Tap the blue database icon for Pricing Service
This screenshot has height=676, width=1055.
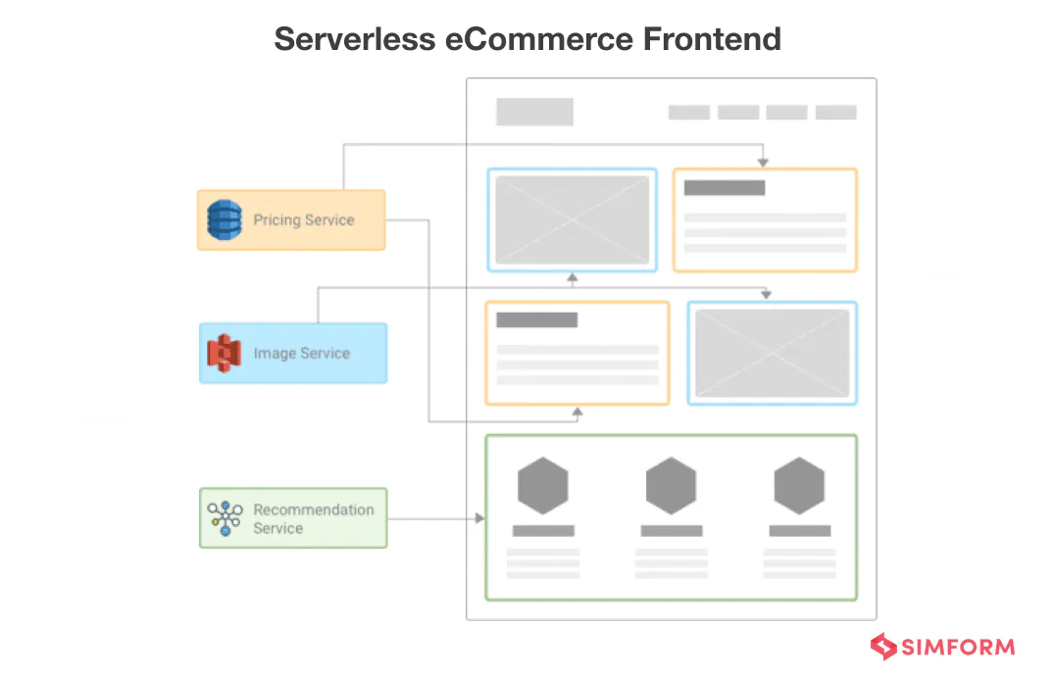coord(225,220)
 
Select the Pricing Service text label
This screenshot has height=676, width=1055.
coord(303,220)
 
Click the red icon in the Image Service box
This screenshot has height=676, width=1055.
coord(225,354)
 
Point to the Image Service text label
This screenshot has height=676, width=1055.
coord(301,354)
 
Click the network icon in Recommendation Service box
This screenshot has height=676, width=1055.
coord(226,518)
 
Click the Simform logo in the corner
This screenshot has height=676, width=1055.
coord(942,647)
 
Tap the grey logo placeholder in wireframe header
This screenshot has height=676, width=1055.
coord(534,112)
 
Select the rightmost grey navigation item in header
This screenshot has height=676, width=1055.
coord(835,113)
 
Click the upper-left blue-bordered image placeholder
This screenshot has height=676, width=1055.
coord(572,220)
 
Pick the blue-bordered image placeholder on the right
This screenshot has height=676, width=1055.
coord(772,354)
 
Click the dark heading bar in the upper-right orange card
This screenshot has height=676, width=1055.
coord(724,188)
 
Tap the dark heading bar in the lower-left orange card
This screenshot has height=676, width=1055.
coord(536,319)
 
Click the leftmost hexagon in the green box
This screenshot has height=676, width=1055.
coord(543,486)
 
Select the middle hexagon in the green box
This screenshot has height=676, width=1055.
coord(671,486)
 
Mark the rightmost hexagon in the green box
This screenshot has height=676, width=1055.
coord(799,486)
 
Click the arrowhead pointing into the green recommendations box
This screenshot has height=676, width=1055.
coord(479,518)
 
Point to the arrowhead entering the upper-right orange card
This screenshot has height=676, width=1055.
coord(763,162)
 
